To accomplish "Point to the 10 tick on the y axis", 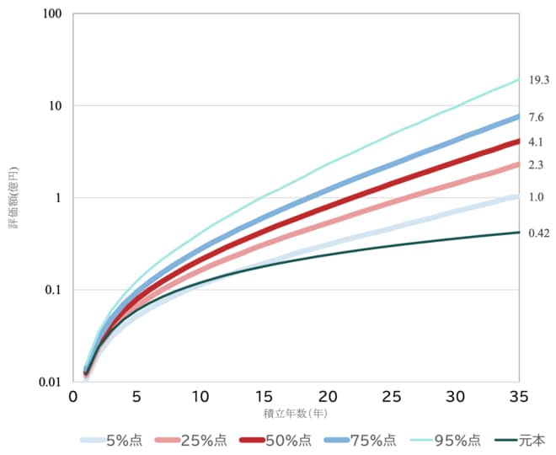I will coord(56,106).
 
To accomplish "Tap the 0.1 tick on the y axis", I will coord(55,290).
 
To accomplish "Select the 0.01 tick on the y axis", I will coord(52,382).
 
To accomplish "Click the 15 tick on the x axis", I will coord(264,397).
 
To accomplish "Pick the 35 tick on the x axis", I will coord(519,397).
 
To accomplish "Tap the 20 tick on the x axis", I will coord(328,397).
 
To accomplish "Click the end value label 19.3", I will coord(539,81).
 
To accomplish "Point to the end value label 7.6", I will coord(536,117).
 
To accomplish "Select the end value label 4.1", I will coord(536,142).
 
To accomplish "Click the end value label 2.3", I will coord(536,165).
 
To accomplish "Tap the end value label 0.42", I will coord(539,233).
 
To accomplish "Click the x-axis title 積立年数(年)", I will coord(296,414).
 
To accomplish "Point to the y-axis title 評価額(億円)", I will coord(14,198).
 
